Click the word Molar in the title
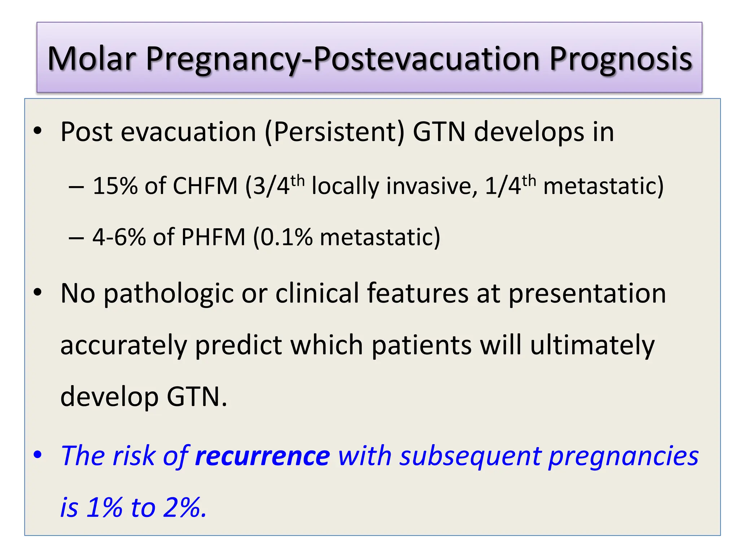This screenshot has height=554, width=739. pos(92,58)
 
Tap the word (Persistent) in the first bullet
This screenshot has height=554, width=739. pos(334,132)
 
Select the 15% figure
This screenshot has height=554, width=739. pos(115,186)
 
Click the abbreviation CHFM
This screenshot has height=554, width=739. pos(205,186)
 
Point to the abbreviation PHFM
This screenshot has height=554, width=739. pos(213,237)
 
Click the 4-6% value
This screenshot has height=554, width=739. pos(119,237)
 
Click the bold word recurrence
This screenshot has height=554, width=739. pos(262,456)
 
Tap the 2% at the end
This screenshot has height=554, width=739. pos(184,507)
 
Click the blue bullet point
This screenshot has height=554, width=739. pos(38,455)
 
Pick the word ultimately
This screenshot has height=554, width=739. pos(592,345)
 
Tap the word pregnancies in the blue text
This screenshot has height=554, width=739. pos(623,456)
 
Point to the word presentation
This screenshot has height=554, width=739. pos(587,294)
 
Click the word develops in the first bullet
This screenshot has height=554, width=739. pos(529,132)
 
